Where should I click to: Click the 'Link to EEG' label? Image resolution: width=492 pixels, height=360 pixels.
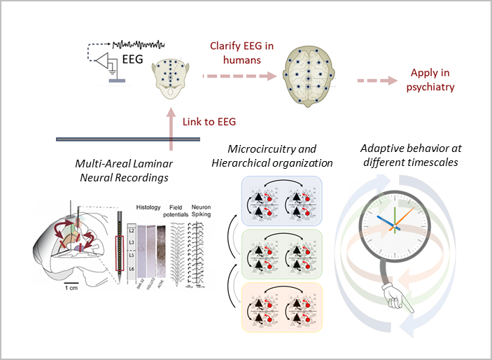(209, 121)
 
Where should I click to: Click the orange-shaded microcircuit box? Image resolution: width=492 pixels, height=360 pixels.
(280, 307)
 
